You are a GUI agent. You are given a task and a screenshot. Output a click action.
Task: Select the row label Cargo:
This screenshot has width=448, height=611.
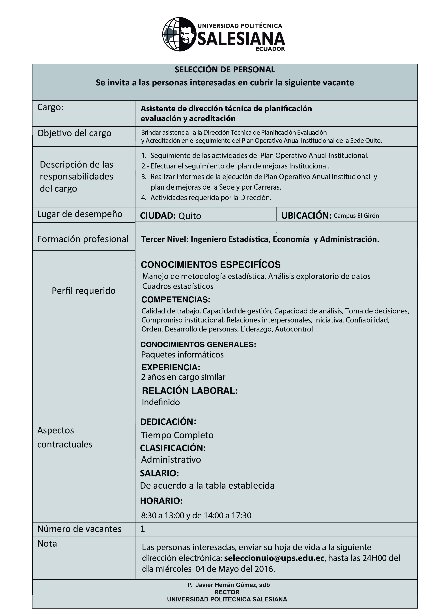[50, 107]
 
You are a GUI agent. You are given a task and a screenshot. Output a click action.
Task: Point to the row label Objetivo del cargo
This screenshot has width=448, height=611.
[74, 133]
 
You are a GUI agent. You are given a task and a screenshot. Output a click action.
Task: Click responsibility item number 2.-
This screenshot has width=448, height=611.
[235, 166]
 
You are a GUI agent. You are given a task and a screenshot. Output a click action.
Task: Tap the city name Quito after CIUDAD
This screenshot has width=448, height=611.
[189, 216]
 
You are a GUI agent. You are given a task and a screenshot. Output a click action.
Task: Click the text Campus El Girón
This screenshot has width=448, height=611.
[356, 216]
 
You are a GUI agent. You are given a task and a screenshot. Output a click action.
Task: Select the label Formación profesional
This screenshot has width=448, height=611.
[83, 239]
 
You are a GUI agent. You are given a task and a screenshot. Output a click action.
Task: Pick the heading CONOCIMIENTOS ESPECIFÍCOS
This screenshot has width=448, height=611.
[210, 265]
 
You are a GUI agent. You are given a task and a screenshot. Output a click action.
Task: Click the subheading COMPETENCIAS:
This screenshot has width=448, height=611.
[175, 300]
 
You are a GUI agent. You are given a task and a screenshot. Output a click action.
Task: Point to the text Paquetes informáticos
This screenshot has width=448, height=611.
[182, 355]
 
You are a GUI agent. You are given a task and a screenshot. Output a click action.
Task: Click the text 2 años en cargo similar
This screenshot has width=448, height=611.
[183, 377]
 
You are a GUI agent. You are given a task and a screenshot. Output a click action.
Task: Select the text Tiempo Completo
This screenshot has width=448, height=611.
[177, 435]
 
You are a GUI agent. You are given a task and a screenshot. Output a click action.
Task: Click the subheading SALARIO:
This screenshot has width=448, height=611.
[159, 473]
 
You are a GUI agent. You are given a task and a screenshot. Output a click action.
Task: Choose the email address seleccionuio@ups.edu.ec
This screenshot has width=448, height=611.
[274, 558]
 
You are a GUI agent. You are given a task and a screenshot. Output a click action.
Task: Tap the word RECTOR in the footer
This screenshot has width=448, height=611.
[227, 592]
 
